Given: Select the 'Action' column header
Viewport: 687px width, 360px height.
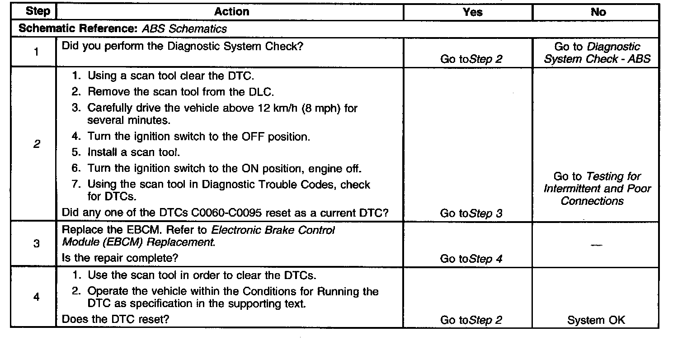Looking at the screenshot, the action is (x=231, y=12).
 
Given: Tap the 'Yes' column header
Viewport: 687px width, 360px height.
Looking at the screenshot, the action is (x=472, y=12).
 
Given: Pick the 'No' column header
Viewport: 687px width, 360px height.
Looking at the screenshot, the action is (x=598, y=12).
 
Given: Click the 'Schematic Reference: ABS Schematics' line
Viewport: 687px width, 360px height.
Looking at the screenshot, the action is (x=122, y=29).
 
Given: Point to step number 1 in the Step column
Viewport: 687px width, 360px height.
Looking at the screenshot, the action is (x=36, y=52).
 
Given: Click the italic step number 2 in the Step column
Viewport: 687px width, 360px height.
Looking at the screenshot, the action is (x=36, y=144).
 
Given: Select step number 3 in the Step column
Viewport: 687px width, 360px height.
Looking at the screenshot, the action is (x=36, y=244).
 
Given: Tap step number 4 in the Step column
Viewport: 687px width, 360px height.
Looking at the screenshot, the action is (x=36, y=297).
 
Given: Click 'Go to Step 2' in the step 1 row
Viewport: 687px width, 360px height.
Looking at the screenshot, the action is (x=471, y=59).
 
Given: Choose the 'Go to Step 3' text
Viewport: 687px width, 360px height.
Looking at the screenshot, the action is (x=471, y=213).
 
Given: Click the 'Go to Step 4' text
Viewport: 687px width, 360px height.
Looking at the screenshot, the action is (x=471, y=259).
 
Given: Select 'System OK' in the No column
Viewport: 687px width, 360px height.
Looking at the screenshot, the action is (x=596, y=320).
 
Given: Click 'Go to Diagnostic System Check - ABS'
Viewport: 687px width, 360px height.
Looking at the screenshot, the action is (x=597, y=53).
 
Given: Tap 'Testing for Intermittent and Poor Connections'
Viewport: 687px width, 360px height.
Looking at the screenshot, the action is (x=597, y=189).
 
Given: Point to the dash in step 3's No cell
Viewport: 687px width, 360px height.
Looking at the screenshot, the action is (x=596, y=245).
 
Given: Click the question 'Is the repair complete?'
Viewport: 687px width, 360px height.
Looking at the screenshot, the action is (x=120, y=258).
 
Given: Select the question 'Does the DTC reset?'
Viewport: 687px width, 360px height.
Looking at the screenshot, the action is (x=115, y=319).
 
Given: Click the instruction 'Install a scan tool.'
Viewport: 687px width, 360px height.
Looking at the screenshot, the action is (x=134, y=152).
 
